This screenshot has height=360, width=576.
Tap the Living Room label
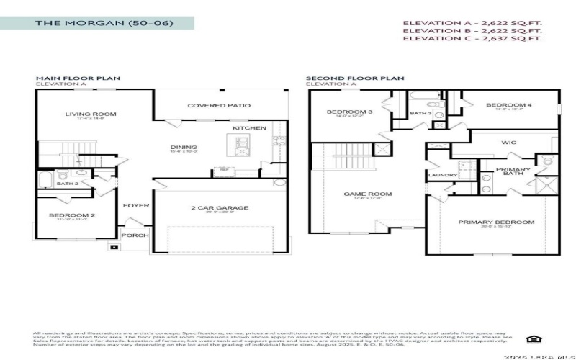pyautogui.click(x=90, y=114)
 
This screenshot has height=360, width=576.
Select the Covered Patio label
pyautogui.click(x=219, y=106)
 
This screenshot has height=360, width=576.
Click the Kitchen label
pyautogui.click(x=248, y=128)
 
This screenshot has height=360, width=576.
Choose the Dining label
pyautogui.click(x=184, y=148)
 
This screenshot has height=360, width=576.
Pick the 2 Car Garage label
pyautogui.click(x=219, y=208)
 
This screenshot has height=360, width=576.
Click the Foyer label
pyautogui.click(x=135, y=206)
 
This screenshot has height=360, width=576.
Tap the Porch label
pyautogui.click(x=134, y=235)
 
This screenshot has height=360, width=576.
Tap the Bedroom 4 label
pyautogui.click(x=508, y=106)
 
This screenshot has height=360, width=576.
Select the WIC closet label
pyautogui.click(x=508, y=143)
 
